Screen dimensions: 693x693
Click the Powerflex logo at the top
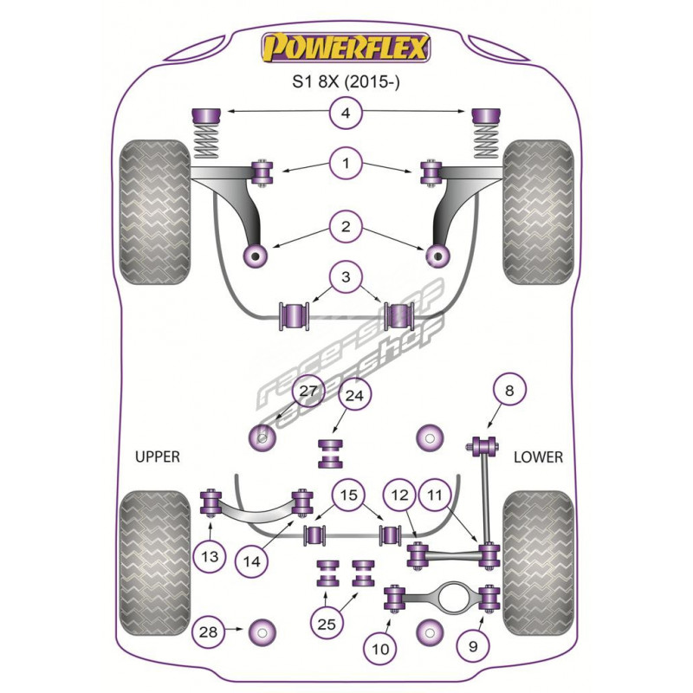[346, 47]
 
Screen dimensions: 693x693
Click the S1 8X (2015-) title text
[346, 83]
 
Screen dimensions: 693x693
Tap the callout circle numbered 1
[346, 163]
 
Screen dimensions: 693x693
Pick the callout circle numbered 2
[346, 229]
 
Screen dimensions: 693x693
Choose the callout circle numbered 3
[346, 279]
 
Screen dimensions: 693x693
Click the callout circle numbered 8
[508, 391]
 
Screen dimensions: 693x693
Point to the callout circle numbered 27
[308, 391]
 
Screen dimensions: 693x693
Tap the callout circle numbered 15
[347, 495]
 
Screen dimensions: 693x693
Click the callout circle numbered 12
[399, 495]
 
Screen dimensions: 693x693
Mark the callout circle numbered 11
[436, 495]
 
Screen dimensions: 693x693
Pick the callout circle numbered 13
[210, 557]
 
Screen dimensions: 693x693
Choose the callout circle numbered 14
[251, 561]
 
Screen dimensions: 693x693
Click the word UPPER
[157, 457]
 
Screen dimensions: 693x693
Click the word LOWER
[538, 457]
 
